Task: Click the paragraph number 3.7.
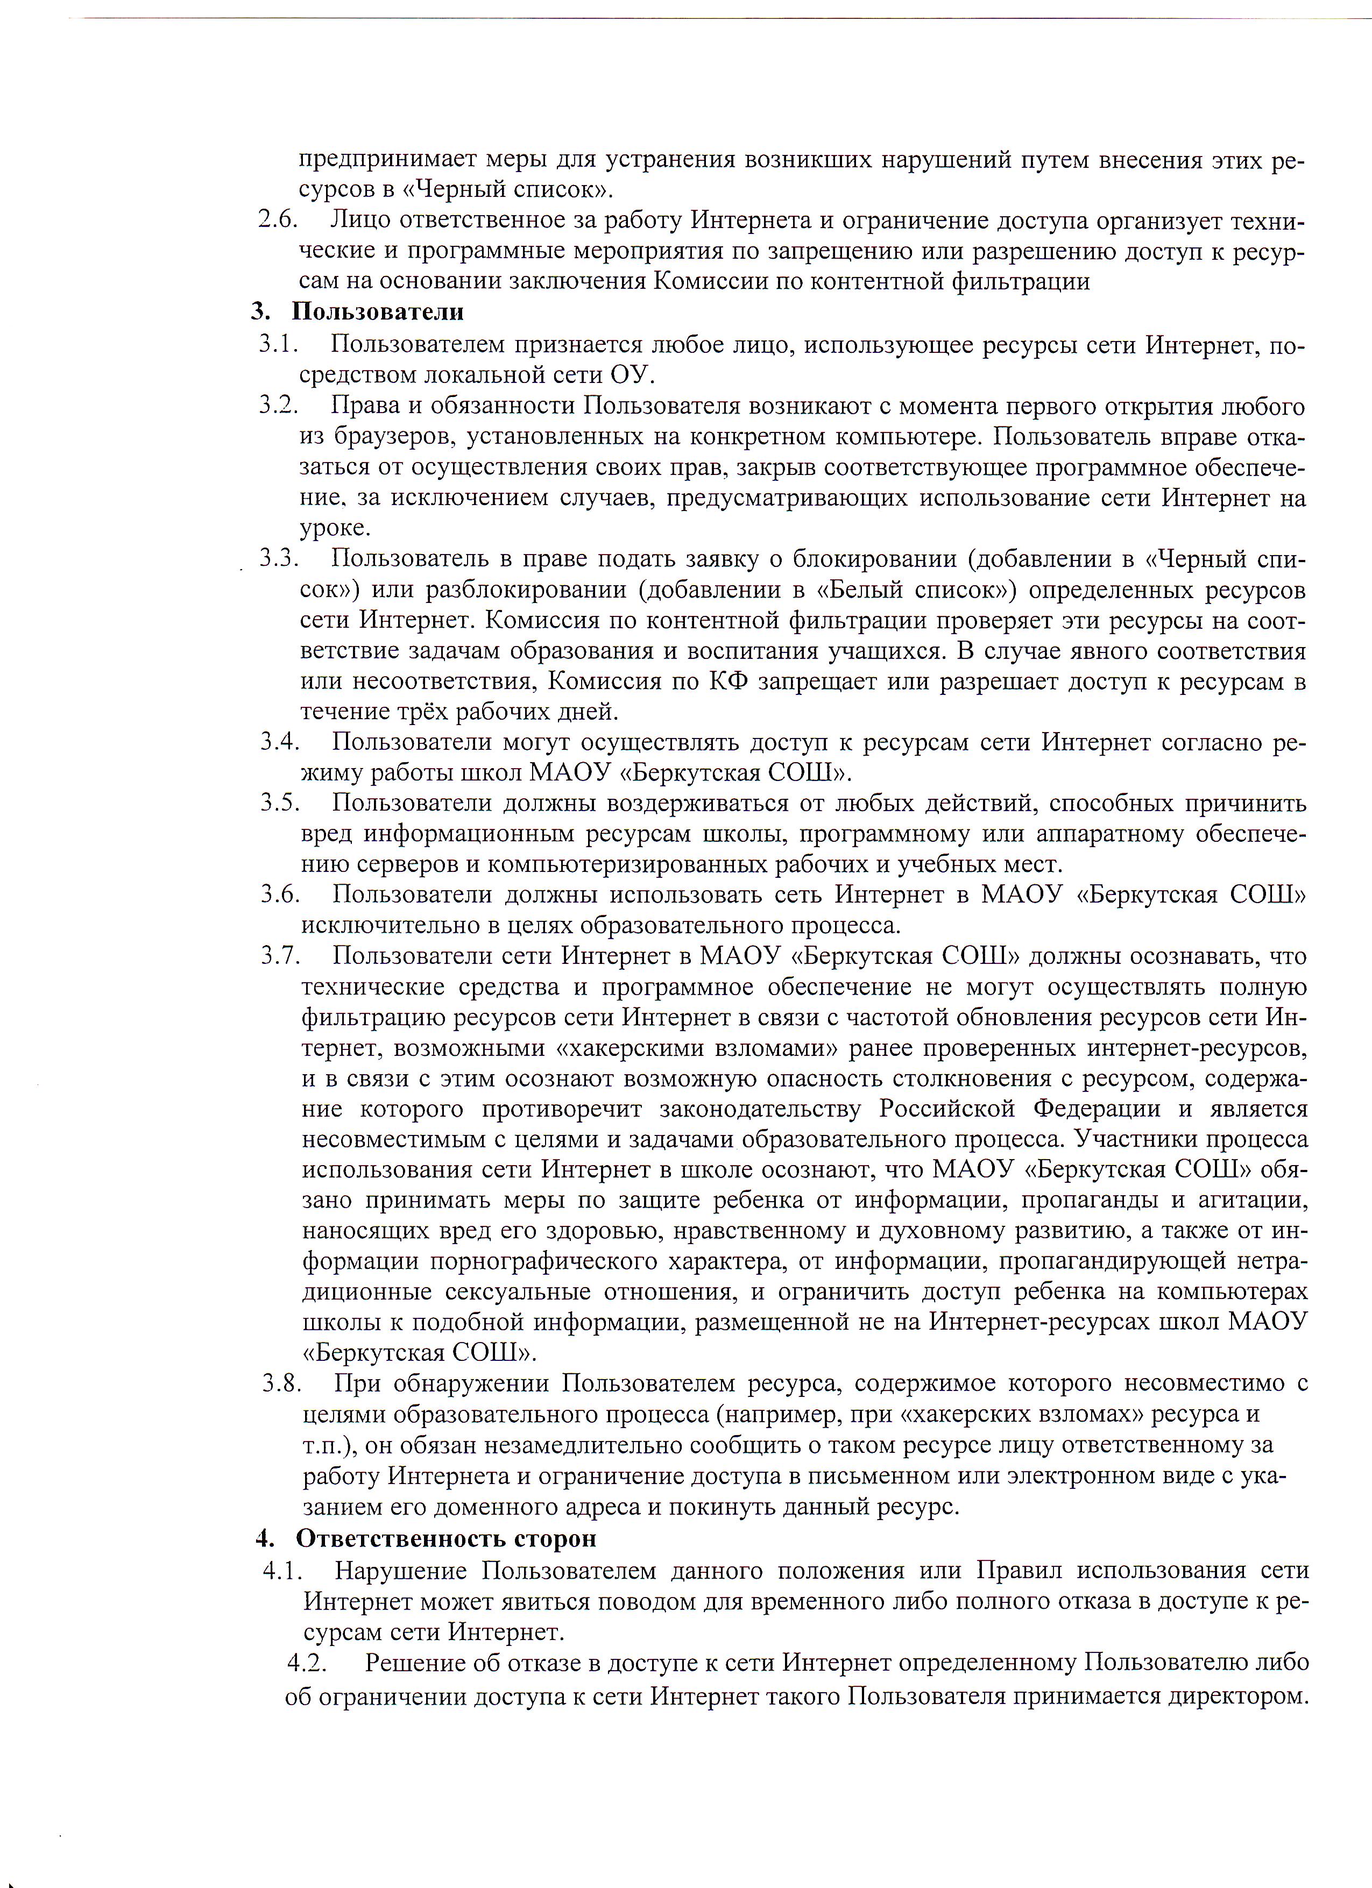pos(280,956)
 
